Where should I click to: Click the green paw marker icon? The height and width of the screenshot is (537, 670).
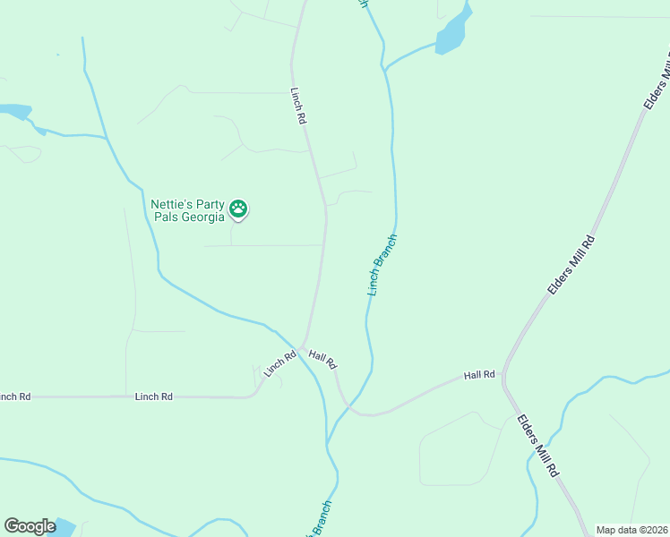point(238,209)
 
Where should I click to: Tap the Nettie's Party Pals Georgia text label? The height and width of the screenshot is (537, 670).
point(187,209)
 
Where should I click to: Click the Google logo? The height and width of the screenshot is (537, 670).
point(30,526)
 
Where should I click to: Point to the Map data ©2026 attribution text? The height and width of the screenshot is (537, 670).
point(631,530)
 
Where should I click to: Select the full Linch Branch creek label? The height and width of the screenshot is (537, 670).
point(382,265)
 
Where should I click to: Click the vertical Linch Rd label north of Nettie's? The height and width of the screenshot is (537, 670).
point(299,106)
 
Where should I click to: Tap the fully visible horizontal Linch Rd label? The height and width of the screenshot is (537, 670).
point(153,396)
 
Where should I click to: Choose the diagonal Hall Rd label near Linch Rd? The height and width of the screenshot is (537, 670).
point(322,359)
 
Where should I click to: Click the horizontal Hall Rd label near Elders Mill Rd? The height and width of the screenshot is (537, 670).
point(479,375)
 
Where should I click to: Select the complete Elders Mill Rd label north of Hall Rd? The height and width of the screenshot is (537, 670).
point(571,265)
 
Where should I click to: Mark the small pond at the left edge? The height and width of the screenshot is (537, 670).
point(15,111)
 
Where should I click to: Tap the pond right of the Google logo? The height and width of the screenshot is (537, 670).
point(64,527)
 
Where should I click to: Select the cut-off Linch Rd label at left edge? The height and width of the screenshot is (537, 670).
point(15,396)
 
